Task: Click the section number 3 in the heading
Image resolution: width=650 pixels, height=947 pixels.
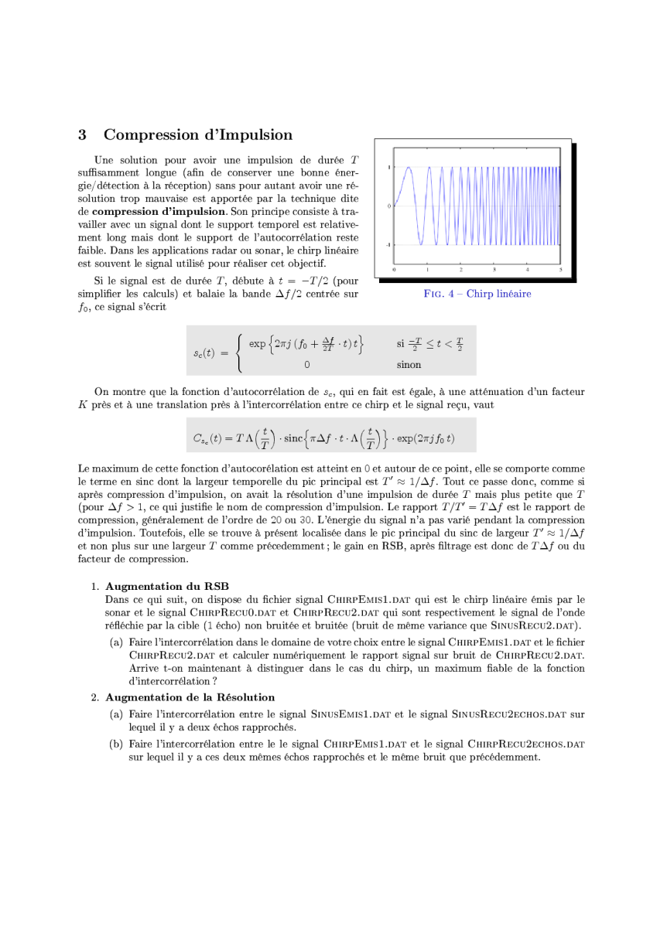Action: [82, 135]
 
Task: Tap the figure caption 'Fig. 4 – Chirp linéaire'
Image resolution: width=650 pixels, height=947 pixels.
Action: [477, 294]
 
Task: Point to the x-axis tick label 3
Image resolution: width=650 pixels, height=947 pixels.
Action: [494, 269]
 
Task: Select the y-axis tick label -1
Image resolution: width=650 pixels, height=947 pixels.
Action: [388, 244]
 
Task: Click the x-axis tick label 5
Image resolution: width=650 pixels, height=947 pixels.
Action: [560, 269]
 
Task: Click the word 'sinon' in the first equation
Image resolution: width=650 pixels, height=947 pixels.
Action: [409, 364]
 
